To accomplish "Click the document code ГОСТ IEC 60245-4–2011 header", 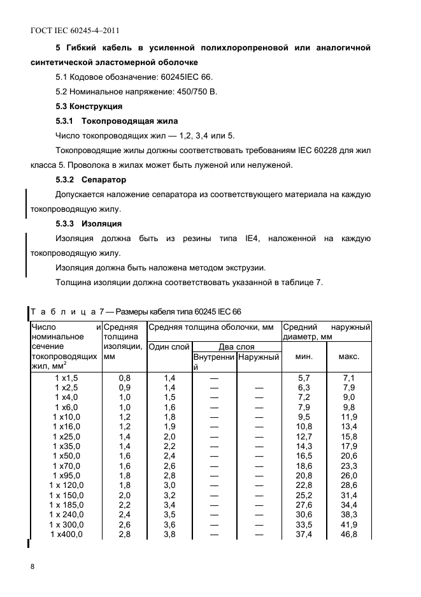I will tap(75, 30).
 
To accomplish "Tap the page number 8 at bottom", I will tap(32, 566).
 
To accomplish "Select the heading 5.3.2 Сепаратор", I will tap(91, 180).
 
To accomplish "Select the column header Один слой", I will tap(169, 347).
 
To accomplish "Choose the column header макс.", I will tap(348, 357).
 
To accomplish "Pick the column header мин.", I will tap(304, 357).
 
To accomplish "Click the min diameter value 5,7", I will tap(304, 378).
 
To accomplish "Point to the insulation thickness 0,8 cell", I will tap(125, 378).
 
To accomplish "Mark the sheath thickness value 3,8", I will tap(169, 534).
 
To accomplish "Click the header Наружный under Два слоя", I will tap(259, 358).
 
